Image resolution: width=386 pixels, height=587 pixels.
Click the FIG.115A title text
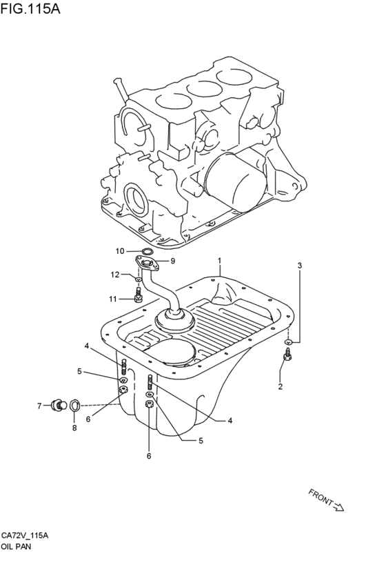[x=30, y=8]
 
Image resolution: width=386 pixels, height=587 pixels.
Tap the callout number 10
[x=120, y=251]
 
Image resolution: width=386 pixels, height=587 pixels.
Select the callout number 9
[x=172, y=261]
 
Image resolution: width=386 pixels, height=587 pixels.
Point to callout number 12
[x=115, y=275]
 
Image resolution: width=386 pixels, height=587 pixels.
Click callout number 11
[x=113, y=299]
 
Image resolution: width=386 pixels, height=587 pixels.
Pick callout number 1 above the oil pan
[x=220, y=261]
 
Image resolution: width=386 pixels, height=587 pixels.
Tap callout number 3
[x=300, y=266]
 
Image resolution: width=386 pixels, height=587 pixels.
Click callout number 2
[x=280, y=387]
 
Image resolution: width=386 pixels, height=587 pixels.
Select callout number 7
[x=39, y=406]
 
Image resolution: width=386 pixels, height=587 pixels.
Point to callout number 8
[x=74, y=428]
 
